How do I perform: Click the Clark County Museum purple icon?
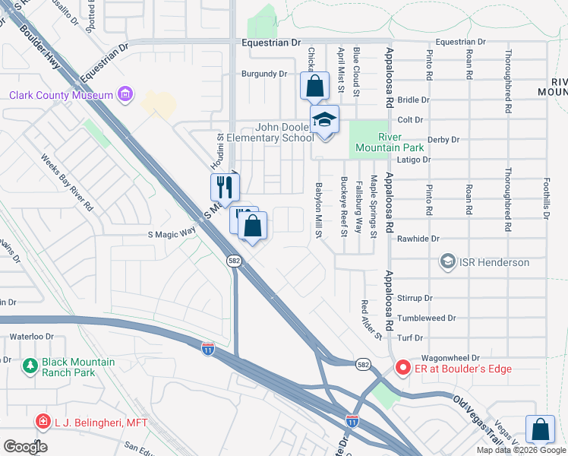(125, 95)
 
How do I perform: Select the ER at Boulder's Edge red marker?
(402, 369)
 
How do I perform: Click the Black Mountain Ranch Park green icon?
(30, 366)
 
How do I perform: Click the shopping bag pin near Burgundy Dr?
(314, 86)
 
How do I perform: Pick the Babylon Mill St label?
(320, 210)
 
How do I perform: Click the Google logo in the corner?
(25, 447)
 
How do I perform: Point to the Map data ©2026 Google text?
(521, 451)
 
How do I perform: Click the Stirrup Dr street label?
(418, 299)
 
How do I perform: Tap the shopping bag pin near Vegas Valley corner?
(539, 429)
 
